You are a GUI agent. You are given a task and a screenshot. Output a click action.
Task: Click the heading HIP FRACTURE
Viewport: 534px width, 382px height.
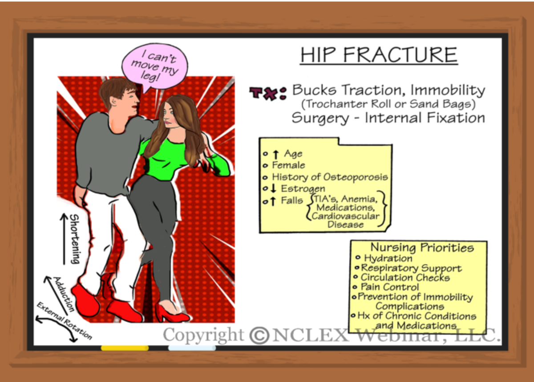pyautogui.click(x=379, y=54)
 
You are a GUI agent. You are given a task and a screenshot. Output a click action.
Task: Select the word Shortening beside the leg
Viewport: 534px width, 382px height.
pyautogui.click(x=74, y=238)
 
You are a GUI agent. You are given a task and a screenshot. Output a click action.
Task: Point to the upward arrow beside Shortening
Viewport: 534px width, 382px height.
pyautogui.click(x=64, y=238)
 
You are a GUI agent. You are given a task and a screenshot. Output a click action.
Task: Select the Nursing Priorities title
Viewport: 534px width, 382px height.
pyautogui.click(x=422, y=247)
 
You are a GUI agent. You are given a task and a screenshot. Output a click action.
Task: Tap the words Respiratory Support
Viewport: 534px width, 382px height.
pyautogui.click(x=411, y=268)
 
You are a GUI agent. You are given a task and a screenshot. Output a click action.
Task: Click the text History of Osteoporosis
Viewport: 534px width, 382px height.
pyautogui.click(x=330, y=177)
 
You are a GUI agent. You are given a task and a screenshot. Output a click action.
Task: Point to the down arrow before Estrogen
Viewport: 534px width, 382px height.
pyautogui.click(x=274, y=189)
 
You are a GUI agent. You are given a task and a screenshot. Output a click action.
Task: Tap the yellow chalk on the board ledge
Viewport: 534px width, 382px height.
pyautogui.click(x=125, y=348)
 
